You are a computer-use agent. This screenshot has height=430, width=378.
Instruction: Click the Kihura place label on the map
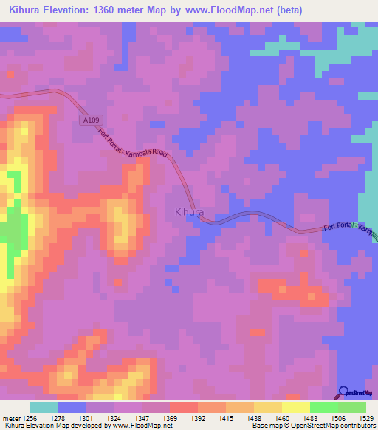click(189, 212)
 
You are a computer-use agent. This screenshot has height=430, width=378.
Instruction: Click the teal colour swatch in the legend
click(44, 407)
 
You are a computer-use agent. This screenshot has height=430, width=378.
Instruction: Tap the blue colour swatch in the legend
click(72, 407)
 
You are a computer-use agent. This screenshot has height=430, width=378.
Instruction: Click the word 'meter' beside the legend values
click(10, 418)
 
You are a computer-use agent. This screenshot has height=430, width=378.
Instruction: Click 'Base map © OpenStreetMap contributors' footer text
click(313, 426)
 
